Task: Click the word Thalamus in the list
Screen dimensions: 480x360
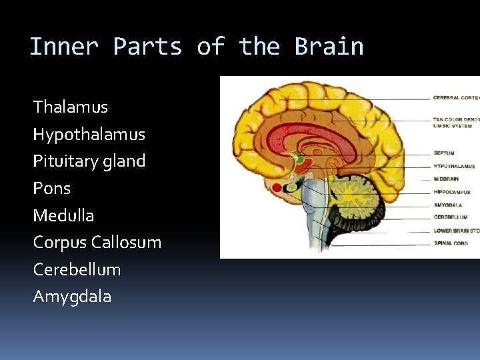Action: pyautogui.click(x=70, y=107)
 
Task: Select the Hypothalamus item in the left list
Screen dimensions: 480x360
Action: pyautogui.click(x=89, y=135)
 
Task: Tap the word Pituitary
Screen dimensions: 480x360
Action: pyautogui.click(x=63, y=161)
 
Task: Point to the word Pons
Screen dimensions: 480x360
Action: pyautogui.click(x=51, y=189)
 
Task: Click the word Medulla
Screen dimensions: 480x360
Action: pyautogui.click(x=63, y=215)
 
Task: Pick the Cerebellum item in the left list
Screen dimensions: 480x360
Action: pyautogui.click(x=77, y=269)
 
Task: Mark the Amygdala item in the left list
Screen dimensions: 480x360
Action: pyautogui.click(x=72, y=297)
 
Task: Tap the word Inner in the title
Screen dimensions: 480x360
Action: pyautogui.click(x=63, y=47)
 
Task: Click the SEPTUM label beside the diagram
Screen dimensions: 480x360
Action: pyautogui.click(x=443, y=153)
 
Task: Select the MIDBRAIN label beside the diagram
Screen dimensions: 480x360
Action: pyautogui.click(x=447, y=179)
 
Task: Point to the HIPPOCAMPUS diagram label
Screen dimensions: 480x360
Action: pyautogui.click(x=451, y=191)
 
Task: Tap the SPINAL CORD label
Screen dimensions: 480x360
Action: pyautogui.click(x=451, y=243)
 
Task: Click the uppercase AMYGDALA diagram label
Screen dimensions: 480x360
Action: pyautogui.click(x=447, y=205)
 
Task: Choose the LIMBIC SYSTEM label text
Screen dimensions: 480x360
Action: pyautogui.click(x=452, y=125)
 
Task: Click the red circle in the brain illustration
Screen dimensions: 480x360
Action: pyautogui.click(x=277, y=187)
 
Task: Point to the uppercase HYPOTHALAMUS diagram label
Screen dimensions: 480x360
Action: pyautogui.click(x=454, y=166)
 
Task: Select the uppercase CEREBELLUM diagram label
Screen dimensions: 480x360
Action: pyautogui.click(x=450, y=217)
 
